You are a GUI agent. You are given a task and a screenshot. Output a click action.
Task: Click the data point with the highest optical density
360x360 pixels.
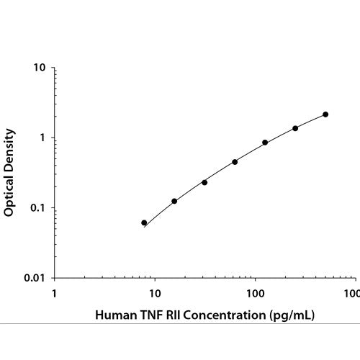325,114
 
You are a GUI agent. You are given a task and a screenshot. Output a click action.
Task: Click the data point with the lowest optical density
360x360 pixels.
144,222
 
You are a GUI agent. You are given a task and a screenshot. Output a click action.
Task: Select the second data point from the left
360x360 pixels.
174,201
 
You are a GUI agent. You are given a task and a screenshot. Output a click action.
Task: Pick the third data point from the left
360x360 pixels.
204,183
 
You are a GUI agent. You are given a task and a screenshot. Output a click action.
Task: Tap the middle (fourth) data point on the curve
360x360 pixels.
235,162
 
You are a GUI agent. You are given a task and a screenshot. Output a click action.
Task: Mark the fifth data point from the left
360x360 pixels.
265,143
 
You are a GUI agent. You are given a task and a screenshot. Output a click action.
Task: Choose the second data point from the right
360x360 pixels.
295,128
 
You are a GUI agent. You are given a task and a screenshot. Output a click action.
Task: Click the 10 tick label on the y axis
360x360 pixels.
39,68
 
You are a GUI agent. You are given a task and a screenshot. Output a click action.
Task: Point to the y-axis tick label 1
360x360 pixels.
42,138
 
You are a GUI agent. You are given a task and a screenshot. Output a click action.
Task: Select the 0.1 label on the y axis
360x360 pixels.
37,208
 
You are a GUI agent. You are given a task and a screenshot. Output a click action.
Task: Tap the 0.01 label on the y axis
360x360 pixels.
35,278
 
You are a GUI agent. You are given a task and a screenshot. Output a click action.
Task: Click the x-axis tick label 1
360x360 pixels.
55,293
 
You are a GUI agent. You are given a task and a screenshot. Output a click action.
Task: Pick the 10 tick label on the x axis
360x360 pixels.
155,293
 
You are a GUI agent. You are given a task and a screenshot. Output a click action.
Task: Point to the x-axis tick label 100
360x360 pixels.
256,293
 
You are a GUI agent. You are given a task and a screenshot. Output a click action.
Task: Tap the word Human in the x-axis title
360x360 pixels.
116,315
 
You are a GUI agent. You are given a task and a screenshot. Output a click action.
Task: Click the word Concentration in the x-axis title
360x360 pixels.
225,315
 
